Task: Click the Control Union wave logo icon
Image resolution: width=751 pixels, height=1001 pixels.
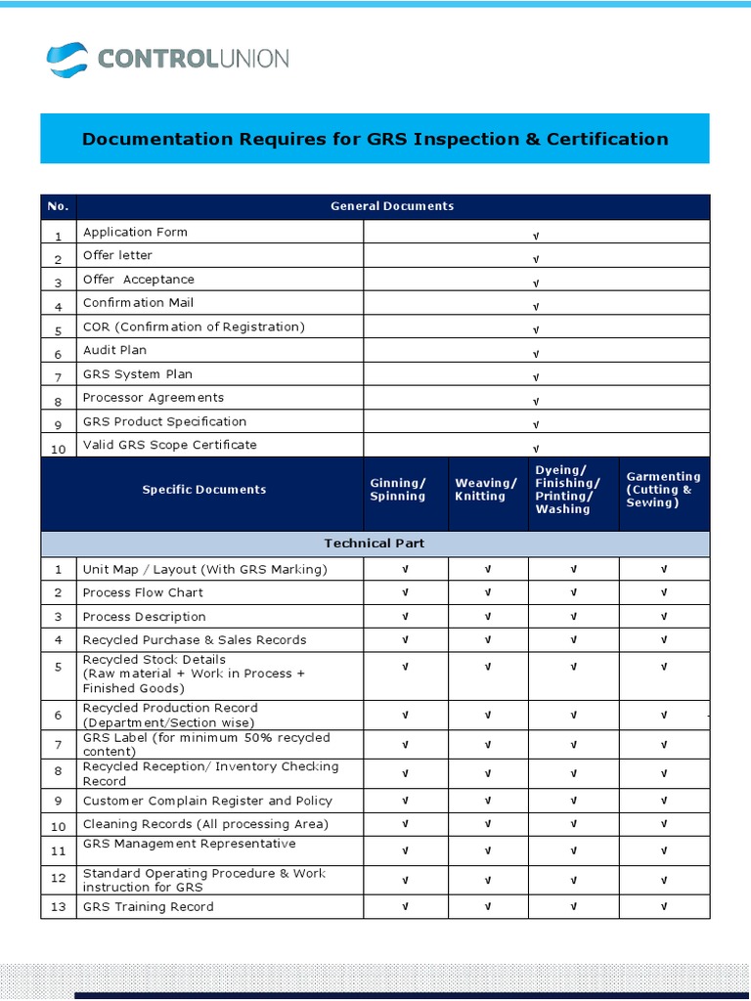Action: pyautogui.click(x=66, y=60)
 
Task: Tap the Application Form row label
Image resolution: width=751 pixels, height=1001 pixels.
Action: pyautogui.click(x=135, y=233)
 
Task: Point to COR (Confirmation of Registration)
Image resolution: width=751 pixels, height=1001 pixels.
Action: pyautogui.click(x=194, y=326)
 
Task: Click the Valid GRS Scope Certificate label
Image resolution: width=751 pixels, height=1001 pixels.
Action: pyautogui.click(x=170, y=445)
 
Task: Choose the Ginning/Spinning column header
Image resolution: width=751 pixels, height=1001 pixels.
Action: pyautogui.click(x=398, y=490)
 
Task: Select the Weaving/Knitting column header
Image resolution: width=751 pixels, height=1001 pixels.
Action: pyautogui.click(x=486, y=490)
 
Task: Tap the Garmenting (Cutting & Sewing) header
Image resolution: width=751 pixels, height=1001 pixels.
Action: pyautogui.click(x=663, y=490)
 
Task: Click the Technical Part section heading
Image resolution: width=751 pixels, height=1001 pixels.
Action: pyautogui.click(x=375, y=544)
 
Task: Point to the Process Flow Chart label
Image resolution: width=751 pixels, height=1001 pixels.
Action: pyautogui.click(x=143, y=592)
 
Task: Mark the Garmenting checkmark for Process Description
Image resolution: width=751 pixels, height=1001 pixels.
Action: pyautogui.click(x=664, y=617)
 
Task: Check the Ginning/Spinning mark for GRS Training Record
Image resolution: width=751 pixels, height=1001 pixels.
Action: pyautogui.click(x=406, y=907)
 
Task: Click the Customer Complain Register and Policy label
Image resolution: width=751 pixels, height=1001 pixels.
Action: pyautogui.click(x=207, y=801)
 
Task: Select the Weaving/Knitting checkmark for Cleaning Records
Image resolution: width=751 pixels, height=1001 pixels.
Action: pyautogui.click(x=488, y=825)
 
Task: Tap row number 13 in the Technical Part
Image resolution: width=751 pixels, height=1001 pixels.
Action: pyautogui.click(x=59, y=907)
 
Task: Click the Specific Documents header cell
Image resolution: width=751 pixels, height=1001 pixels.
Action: pyautogui.click(x=203, y=490)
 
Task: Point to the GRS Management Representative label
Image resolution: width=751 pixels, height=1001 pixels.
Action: pyautogui.click(x=189, y=844)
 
